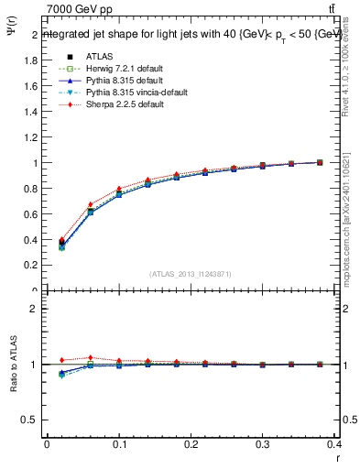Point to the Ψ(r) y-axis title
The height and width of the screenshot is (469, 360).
click(12, 34)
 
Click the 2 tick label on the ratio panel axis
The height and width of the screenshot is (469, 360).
click(34, 309)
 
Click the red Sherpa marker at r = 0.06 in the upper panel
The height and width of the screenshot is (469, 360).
click(90, 204)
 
